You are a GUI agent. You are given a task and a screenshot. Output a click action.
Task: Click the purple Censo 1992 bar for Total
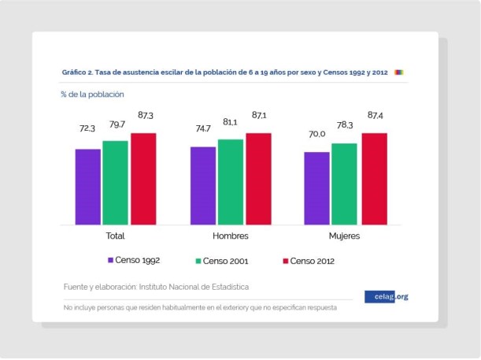click(87, 186)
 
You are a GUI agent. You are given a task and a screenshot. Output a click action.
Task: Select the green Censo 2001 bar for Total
click(115, 182)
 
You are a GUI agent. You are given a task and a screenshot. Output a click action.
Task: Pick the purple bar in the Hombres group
click(202, 185)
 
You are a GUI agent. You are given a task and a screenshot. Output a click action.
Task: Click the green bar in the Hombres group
click(230, 181)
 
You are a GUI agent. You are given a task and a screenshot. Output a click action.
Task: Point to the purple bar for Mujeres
click(317, 187)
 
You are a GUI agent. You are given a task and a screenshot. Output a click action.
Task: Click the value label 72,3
click(87, 128)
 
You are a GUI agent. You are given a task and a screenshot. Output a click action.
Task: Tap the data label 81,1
click(231, 122)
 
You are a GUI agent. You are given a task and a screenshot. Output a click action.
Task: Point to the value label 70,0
click(317, 134)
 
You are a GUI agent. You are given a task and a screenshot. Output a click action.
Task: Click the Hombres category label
click(231, 236)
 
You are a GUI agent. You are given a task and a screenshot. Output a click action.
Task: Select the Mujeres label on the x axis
click(344, 236)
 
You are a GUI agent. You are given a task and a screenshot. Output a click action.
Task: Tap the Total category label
click(115, 236)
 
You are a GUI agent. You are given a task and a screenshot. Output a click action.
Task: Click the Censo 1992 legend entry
click(134, 259)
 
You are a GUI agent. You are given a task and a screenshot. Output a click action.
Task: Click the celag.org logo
click(387, 296)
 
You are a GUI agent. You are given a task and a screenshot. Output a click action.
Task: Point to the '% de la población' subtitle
click(92, 94)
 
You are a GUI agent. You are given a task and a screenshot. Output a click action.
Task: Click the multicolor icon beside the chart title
click(398, 72)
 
